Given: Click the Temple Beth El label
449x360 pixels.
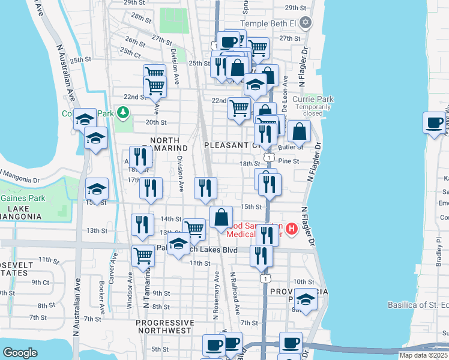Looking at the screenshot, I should (x=269, y=23).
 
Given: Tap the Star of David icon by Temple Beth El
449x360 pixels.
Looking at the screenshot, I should (x=306, y=23).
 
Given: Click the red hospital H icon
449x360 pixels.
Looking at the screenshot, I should (x=292, y=229).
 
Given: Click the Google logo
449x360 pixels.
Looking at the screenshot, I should (x=20, y=353).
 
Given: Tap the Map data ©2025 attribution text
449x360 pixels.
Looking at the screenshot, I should (x=423, y=355).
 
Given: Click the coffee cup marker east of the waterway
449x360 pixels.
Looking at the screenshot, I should (x=434, y=124).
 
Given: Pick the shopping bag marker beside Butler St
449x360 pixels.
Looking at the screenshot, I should (x=299, y=131).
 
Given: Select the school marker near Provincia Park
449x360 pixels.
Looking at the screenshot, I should (x=306, y=300).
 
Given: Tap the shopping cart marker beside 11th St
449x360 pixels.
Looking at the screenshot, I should (x=143, y=256).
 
